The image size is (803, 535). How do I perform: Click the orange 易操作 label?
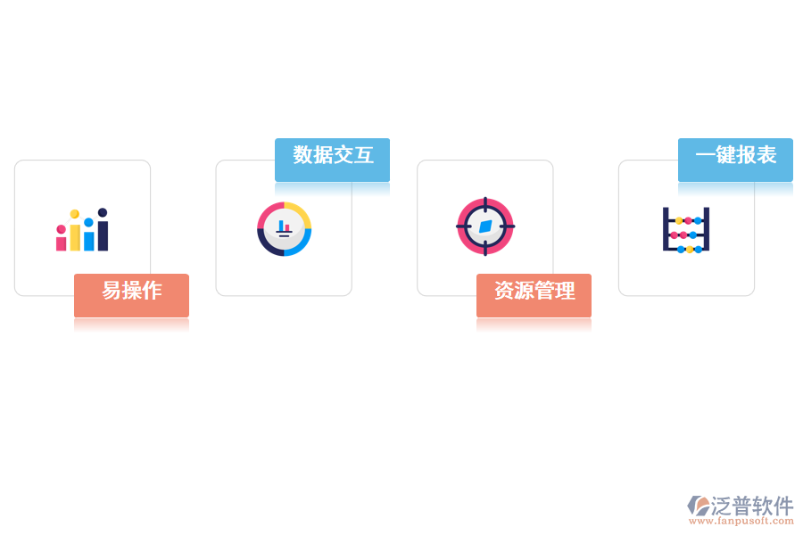(132, 295)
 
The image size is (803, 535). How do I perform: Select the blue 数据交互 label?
(333, 160)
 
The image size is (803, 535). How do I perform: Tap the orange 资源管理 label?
(534, 295)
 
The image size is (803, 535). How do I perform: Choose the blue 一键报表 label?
(735, 160)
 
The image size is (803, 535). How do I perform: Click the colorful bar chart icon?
(82, 229)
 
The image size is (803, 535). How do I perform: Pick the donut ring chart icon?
(285, 229)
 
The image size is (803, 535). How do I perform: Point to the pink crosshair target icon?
(485, 226)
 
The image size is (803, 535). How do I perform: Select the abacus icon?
(686, 230)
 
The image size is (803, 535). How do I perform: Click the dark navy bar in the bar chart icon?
(103, 229)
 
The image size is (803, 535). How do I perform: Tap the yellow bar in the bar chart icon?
(75, 230)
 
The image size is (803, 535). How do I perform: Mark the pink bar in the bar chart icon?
(61, 238)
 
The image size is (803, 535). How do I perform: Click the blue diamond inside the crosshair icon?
(485, 226)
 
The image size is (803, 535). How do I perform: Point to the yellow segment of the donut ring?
(300, 213)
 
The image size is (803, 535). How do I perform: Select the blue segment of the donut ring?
(300, 244)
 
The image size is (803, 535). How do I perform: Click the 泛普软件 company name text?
(752, 506)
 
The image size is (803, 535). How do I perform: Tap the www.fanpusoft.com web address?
(741, 521)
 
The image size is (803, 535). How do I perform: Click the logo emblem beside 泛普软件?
(699, 506)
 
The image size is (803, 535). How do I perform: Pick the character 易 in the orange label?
(112, 291)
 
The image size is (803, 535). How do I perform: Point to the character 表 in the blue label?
(766, 154)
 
